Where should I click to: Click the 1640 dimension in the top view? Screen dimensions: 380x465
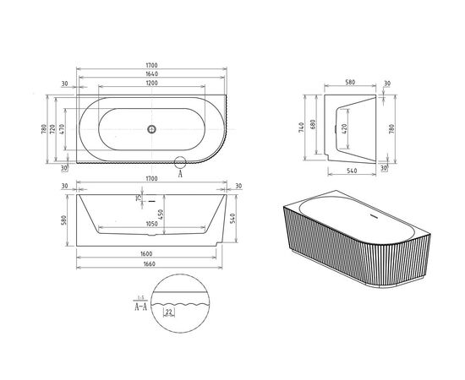coord(152,74)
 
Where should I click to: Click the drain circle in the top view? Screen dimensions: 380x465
coord(152,129)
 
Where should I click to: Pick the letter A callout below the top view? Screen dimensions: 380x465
coord(179,175)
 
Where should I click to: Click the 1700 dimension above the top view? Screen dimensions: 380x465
coord(152,63)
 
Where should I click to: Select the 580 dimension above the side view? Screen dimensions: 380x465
coord(349,82)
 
